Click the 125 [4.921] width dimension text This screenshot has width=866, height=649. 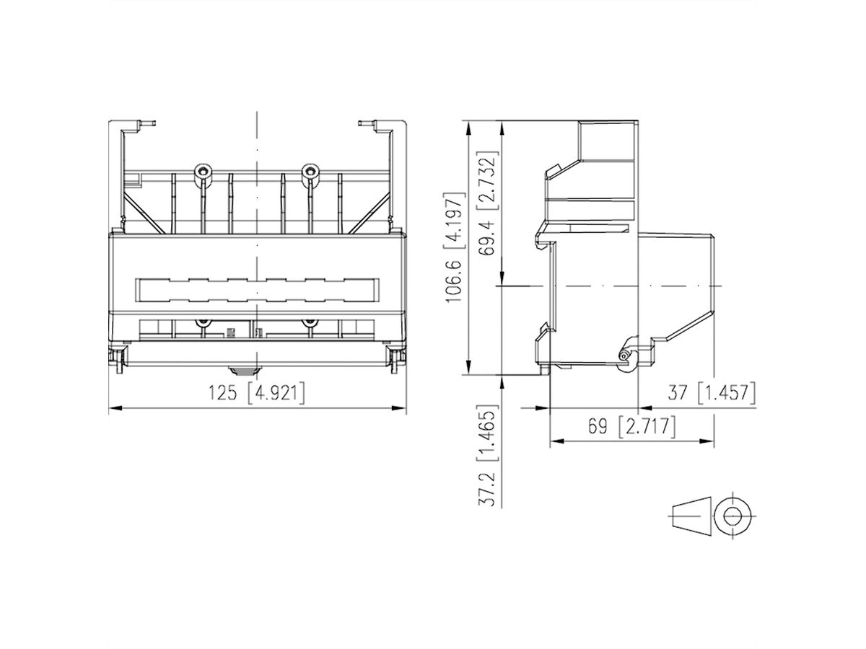click(x=256, y=393)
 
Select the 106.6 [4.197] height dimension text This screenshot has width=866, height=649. click(x=454, y=248)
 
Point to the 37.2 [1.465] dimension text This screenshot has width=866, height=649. click(x=489, y=459)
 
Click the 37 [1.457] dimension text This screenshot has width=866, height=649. click(x=711, y=393)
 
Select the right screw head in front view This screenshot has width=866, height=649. click(x=310, y=172)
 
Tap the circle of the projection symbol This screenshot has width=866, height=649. click(x=732, y=517)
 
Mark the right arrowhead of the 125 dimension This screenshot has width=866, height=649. click(x=403, y=409)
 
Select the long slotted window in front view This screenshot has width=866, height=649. click(x=256, y=290)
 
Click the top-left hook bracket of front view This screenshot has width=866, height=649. click(x=137, y=126)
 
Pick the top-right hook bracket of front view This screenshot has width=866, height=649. click(x=375, y=126)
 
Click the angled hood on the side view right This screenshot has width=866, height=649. click(x=678, y=285)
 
